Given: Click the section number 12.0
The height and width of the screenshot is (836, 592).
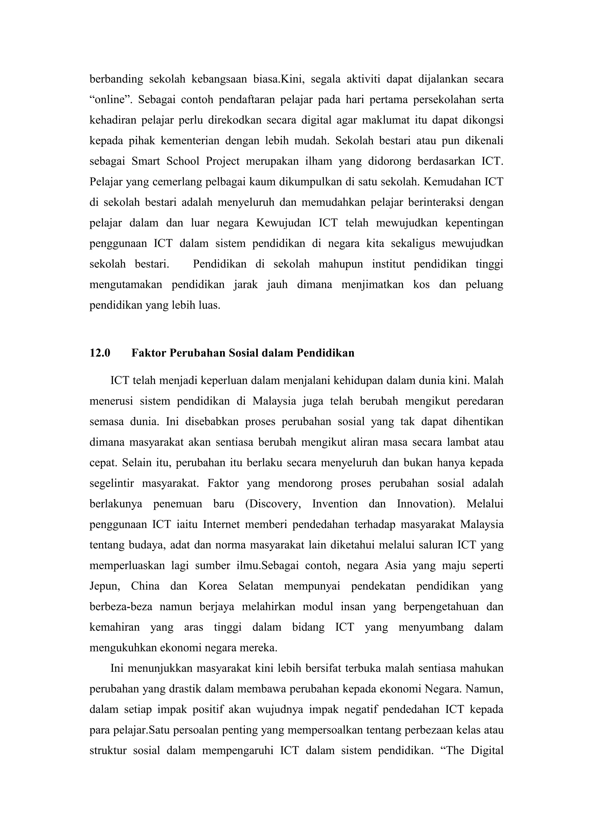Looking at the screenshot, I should click(100, 353).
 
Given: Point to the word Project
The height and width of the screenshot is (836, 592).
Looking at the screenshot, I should click(223, 161).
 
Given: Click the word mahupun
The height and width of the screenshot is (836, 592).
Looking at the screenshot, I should click(341, 264).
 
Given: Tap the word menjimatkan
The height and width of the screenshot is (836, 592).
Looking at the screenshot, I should click(372, 284).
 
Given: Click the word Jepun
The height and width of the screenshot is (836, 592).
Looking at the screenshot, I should click(105, 586).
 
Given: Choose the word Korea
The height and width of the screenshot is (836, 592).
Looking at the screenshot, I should click(212, 586).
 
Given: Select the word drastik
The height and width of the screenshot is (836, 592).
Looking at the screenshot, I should click(185, 689).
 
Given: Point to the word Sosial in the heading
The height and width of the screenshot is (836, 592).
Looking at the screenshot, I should click(242, 353).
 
